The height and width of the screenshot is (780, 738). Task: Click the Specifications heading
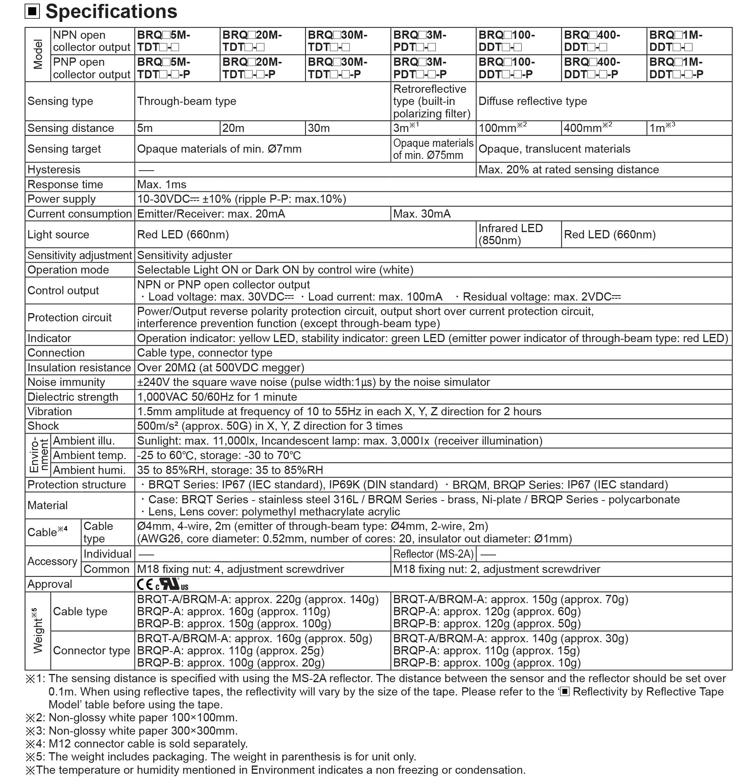click(111, 12)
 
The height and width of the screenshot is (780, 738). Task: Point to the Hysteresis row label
click(54, 170)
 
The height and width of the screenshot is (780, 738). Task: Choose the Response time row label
click(65, 185)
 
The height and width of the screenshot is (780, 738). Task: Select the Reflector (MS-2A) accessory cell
click(433, 554)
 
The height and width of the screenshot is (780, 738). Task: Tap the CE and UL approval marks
click(163, 584)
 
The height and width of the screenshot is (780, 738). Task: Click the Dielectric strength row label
click(73, 397)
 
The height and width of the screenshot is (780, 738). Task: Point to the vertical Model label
click(38, 55)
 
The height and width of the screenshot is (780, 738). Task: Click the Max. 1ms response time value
click(162, 185)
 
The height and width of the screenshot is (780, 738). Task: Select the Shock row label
click(43, 426)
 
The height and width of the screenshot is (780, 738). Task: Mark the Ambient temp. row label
click(90, 456)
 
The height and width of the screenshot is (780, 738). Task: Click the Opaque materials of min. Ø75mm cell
click(433, 149)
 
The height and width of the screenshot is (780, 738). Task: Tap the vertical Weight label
click(38, 631)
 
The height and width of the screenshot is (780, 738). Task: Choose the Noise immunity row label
click(66, 382)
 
